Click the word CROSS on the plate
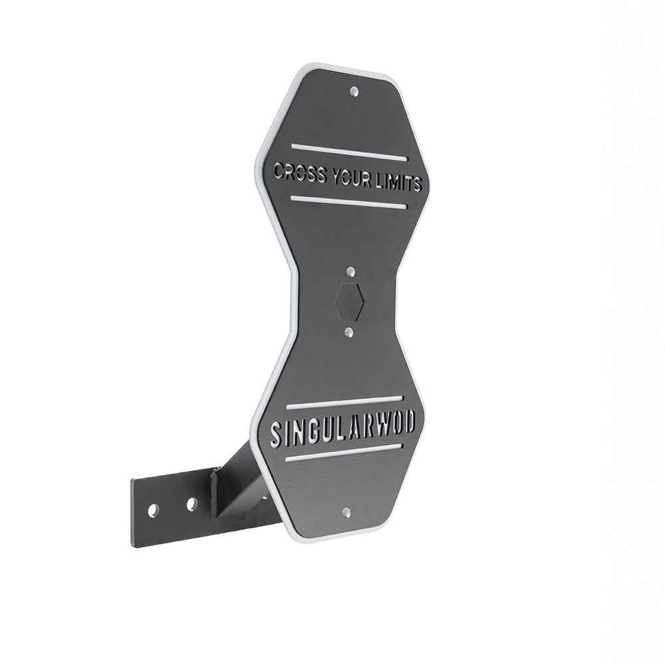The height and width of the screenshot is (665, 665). click(300, 174)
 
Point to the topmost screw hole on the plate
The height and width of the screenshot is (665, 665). click(354, 90)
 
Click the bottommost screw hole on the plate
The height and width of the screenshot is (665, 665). click(346, 512)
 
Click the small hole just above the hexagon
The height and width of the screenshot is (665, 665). click(350, 271)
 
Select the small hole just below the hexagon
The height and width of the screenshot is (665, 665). click(349, 332)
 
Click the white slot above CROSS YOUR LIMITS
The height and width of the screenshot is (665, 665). click(349, 152)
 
